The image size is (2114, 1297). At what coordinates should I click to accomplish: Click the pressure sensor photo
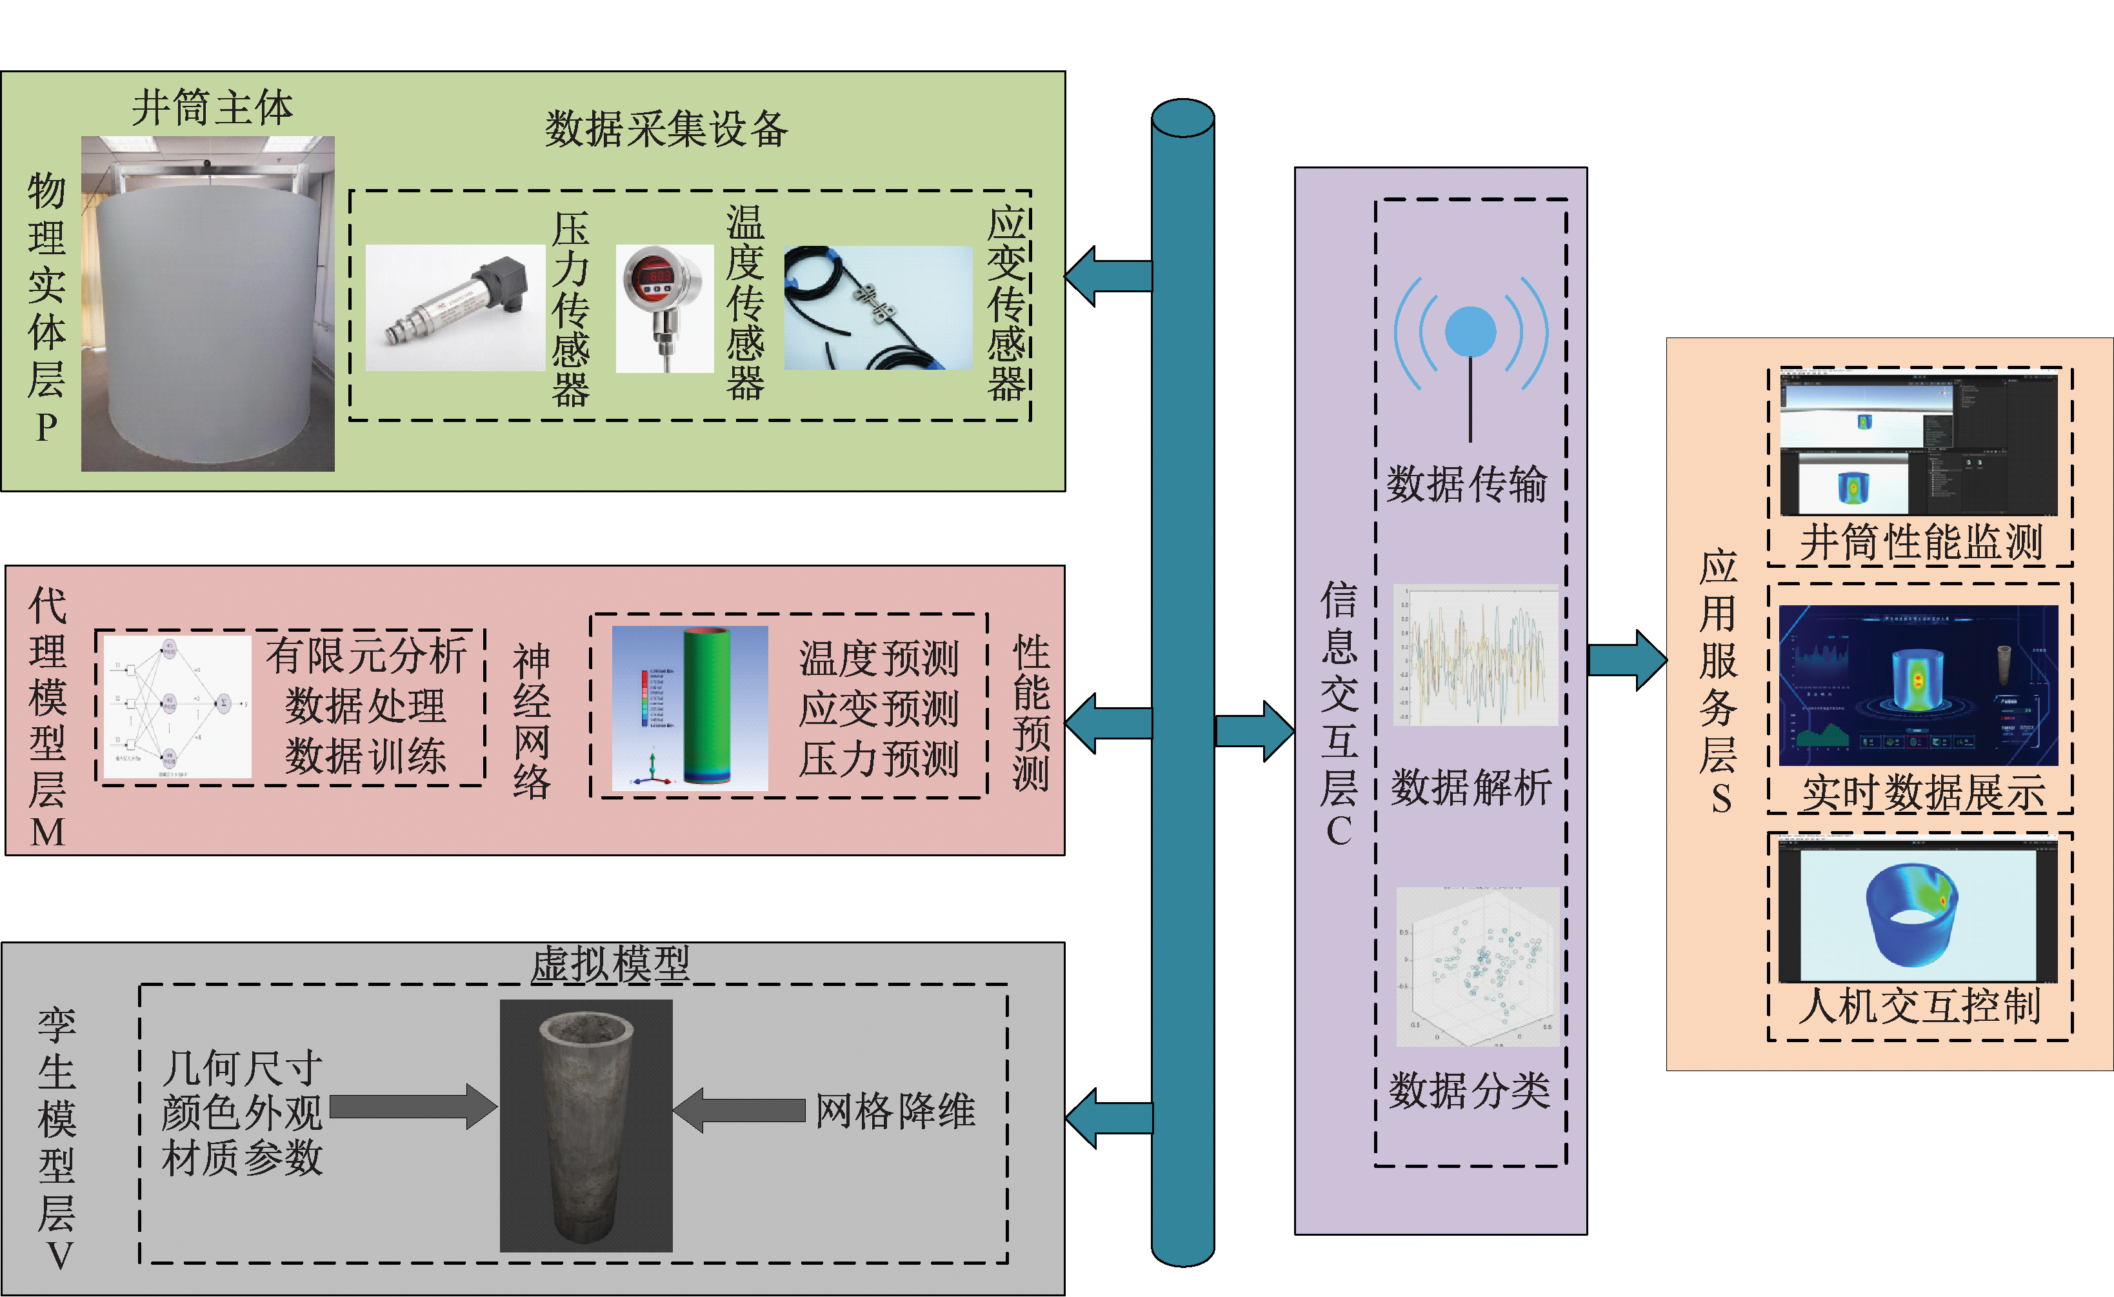(455, 307)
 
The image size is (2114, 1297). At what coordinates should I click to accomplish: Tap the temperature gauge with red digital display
(664, 307)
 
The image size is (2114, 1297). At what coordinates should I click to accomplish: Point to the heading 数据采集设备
(666, 130)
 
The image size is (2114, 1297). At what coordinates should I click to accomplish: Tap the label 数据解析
(1471, 788)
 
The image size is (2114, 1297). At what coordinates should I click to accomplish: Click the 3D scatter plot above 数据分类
(1477, 967)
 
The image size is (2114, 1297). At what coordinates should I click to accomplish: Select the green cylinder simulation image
(690, 707)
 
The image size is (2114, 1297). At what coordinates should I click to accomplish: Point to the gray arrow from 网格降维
(739, 1110)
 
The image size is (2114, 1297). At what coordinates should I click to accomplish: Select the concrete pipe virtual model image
(586, 1125)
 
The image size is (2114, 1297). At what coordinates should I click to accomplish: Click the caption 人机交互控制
(1919, 1006)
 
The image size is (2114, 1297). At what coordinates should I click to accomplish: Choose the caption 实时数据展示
(1922, 793)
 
